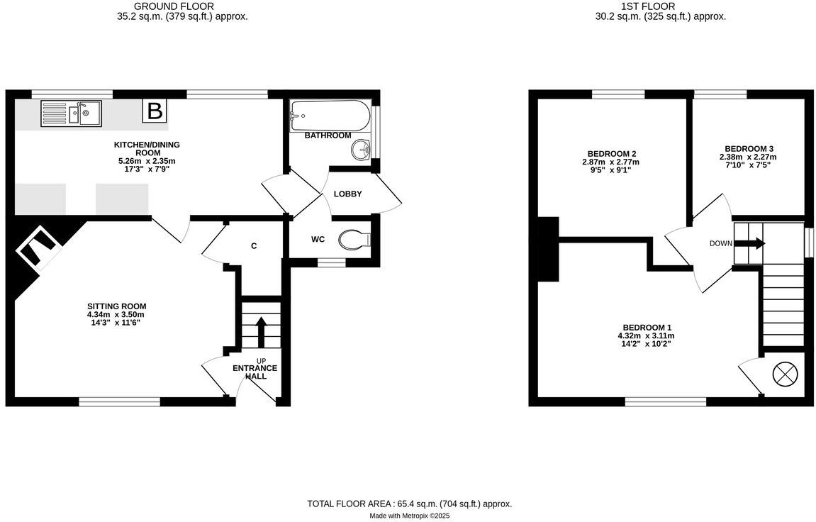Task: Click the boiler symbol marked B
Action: click(155, 111)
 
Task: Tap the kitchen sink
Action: click(72, 113)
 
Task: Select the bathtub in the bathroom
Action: click(330, 115)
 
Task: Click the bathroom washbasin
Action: click(362, 149)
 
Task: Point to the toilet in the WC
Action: click(354, 240)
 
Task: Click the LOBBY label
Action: click(348, 194)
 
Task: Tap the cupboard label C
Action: click(253, 246)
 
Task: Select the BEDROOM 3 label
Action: click(748, 149)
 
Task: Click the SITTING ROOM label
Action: click(116, 306)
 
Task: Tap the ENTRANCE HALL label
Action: click(255, 372)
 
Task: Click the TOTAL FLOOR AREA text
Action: click(409, 504)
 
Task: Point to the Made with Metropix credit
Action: click(409, 516)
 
